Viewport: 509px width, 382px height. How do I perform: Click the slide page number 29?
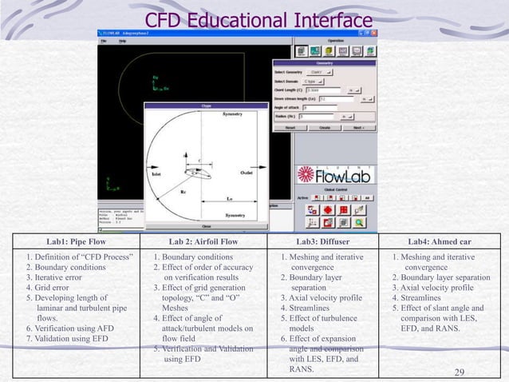459,372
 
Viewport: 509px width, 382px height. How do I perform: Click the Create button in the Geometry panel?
325,126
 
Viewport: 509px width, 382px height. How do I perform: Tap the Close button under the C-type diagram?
205,226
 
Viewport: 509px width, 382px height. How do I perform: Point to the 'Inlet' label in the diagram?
156,173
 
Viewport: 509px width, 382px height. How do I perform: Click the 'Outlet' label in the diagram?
247,173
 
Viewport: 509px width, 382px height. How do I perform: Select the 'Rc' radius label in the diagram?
183,192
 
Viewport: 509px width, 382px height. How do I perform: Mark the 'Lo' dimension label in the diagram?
230,197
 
